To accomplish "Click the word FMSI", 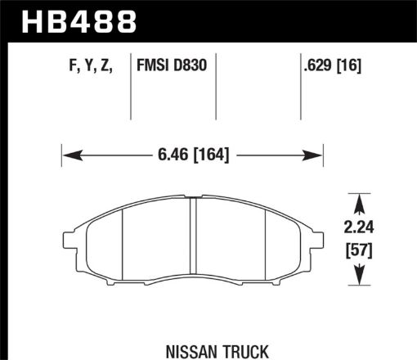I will click(x=155, y=65).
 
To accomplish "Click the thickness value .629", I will click(x=309, y=65).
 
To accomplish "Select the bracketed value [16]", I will click(x=344, y=65).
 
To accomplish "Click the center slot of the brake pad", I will click(x=194, y=241).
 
